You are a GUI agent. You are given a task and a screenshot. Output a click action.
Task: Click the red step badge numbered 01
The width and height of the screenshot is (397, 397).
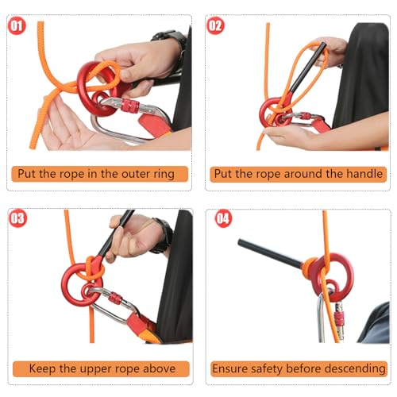pos(17,26)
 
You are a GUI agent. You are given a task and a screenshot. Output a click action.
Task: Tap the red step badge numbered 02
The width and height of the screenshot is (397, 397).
pos(215,25)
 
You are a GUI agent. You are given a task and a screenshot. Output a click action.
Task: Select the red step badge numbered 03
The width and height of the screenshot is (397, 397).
pos(17,218)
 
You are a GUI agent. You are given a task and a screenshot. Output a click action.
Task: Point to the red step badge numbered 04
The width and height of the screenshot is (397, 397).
pos(223,218)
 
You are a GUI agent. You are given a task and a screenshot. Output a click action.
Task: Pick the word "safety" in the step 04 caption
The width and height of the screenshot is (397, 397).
pos(267,368)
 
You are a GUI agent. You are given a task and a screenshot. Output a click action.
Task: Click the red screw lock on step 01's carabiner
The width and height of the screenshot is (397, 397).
pos(130,106)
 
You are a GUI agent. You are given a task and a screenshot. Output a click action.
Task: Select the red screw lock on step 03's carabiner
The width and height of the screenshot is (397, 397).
pos(115,299)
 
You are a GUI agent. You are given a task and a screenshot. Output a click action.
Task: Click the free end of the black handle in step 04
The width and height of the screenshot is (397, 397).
pos(240,242)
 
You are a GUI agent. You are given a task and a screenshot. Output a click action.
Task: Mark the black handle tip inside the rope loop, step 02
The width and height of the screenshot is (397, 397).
pos(324,45)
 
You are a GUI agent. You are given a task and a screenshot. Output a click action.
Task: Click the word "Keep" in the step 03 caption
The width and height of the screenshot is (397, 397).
pos(43,369)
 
